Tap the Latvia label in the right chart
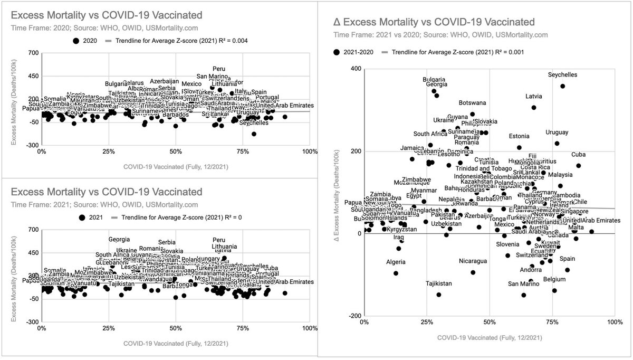click(x=533, y=97)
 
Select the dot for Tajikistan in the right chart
click(x=439, y=295)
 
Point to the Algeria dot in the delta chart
click(x=396, y=273)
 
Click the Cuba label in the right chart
click(x=578, y=155)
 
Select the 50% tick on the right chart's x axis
click(x=489, y=321)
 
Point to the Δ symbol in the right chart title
click(x=338, y=22)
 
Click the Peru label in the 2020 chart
click(x=219, y=69)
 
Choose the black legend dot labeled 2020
click(x=76, y=40)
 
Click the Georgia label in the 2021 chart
click(x=119, y=240)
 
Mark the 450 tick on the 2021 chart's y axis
click(x=33, y=252)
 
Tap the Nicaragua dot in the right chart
click(x=473, y=272)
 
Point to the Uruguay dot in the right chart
click(x=557, y=143)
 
